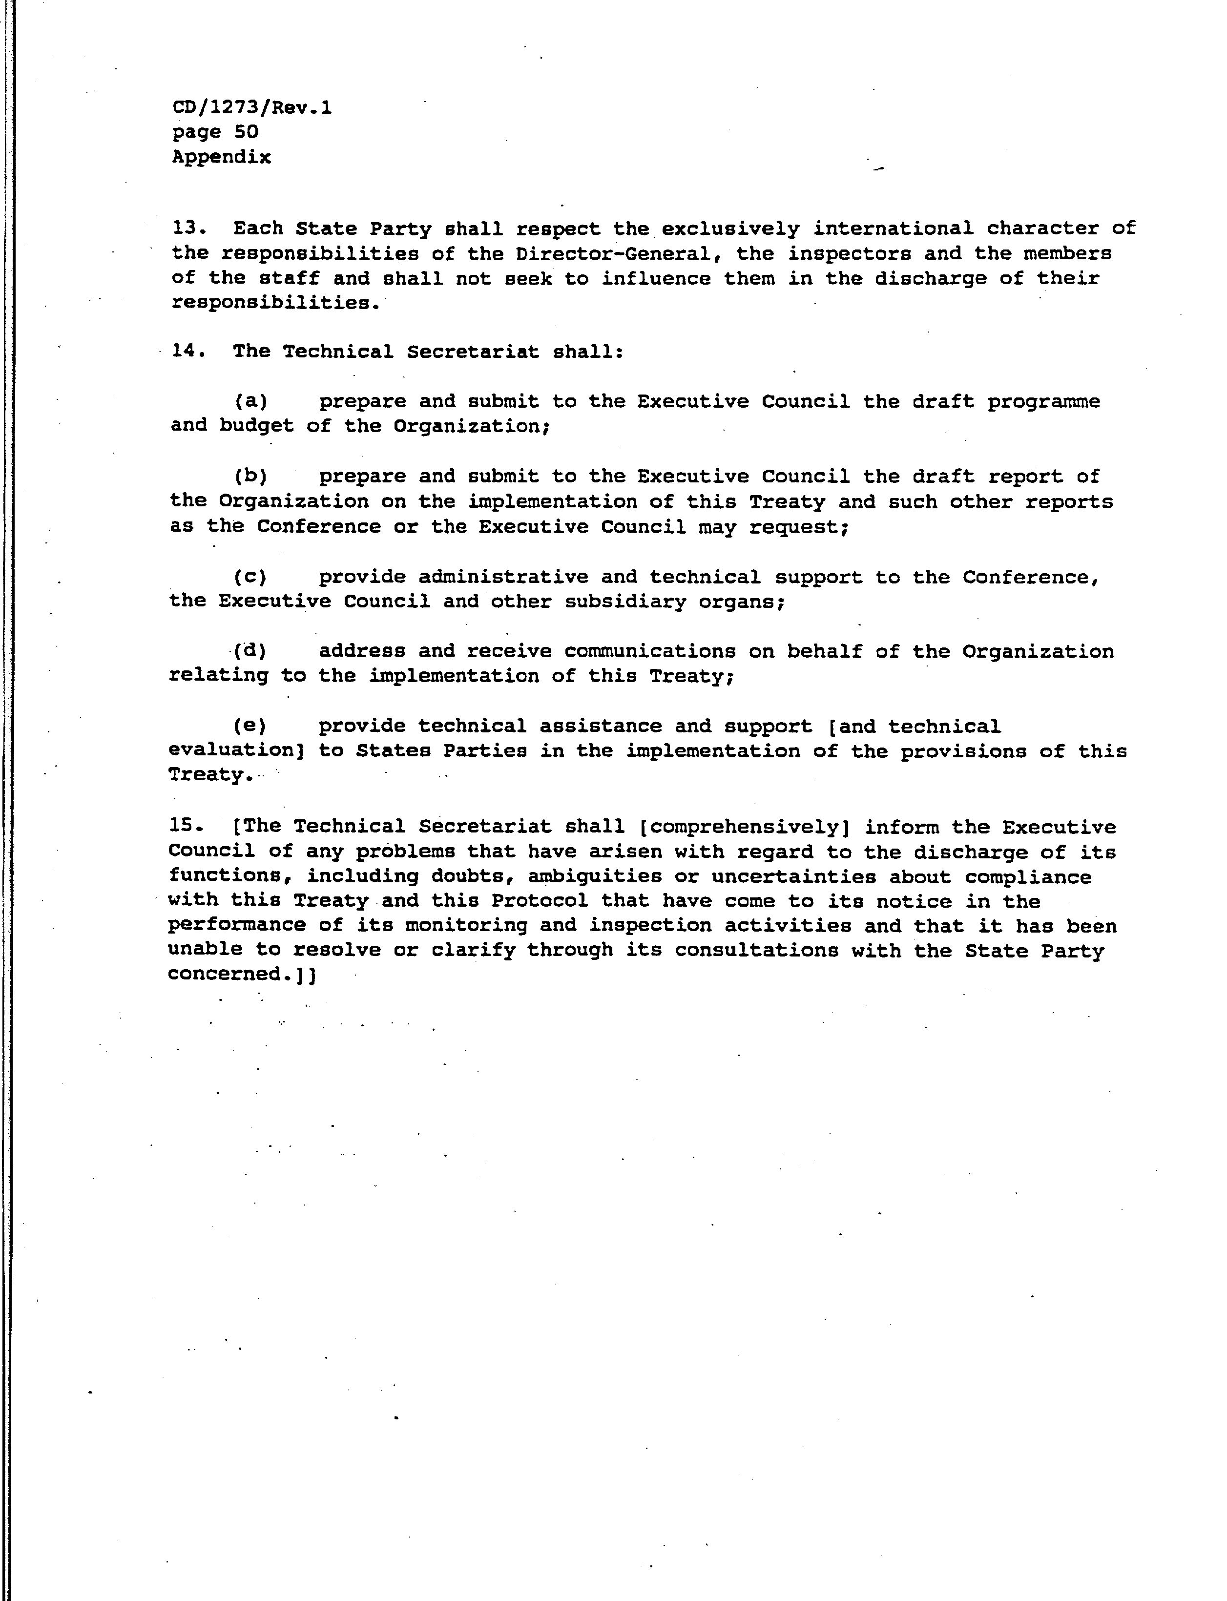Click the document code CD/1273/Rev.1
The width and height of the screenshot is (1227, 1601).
(252, 108)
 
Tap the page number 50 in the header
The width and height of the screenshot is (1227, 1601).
(246, 132)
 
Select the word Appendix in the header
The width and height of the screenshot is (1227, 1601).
(221, 157)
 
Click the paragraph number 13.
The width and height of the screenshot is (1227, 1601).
(187, 229)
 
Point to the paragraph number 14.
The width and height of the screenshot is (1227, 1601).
(187, 352)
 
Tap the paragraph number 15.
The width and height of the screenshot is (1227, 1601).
(183, 826)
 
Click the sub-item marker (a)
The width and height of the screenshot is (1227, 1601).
(250, 401)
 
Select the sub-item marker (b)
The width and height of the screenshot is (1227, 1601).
(250, 476)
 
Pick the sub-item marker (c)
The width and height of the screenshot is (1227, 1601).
(250, 577)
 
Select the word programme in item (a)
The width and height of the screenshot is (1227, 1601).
(1044, 402)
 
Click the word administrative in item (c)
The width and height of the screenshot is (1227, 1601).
(503, 577)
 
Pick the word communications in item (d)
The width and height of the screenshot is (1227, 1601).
(649, 651)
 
